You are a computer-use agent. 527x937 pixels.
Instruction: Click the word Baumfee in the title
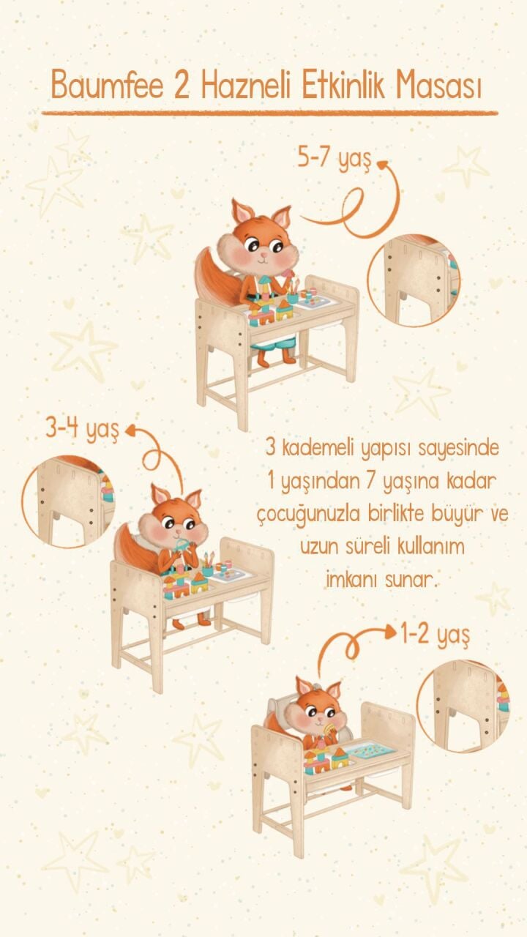pos(107,85)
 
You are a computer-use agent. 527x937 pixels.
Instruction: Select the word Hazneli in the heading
pos(245,85)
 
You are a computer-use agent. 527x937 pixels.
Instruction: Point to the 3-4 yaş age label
pos(82,430)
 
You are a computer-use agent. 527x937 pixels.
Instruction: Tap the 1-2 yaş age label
pos(435,634)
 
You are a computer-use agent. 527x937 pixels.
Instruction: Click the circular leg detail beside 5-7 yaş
pos(414,280)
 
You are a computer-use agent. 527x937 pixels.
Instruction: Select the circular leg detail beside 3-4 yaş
pos(68,501)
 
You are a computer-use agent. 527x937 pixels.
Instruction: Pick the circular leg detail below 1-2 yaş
pos(463,706)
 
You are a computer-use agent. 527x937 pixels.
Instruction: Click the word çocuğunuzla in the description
pos(309,514)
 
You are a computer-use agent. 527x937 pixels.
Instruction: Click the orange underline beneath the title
pos(270,113)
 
